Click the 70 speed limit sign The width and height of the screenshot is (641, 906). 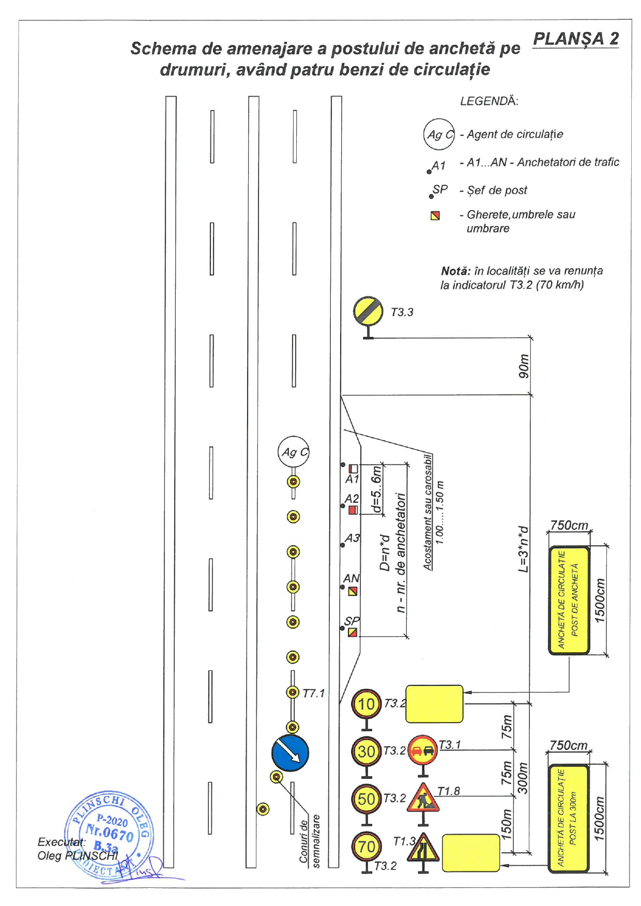pos(366,846)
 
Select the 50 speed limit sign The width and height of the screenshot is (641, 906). pos(366,798)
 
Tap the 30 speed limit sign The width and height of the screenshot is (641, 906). pos(366,751)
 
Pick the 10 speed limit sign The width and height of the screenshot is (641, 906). pos(366,703)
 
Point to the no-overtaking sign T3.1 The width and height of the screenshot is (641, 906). pos(423,750)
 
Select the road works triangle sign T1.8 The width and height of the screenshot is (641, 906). pos(423,798)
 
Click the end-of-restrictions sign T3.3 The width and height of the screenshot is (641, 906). pos(368,311)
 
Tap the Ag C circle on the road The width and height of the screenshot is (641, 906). pos(294,452)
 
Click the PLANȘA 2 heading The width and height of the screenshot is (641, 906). pos(575,39)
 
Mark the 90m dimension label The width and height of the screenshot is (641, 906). pos(524,366)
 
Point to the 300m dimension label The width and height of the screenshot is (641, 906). pos(523,778)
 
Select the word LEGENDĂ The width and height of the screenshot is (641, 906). pos(489,101)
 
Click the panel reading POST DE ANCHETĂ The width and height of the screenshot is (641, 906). pos(569,600)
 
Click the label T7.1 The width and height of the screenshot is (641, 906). pos(313,694)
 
